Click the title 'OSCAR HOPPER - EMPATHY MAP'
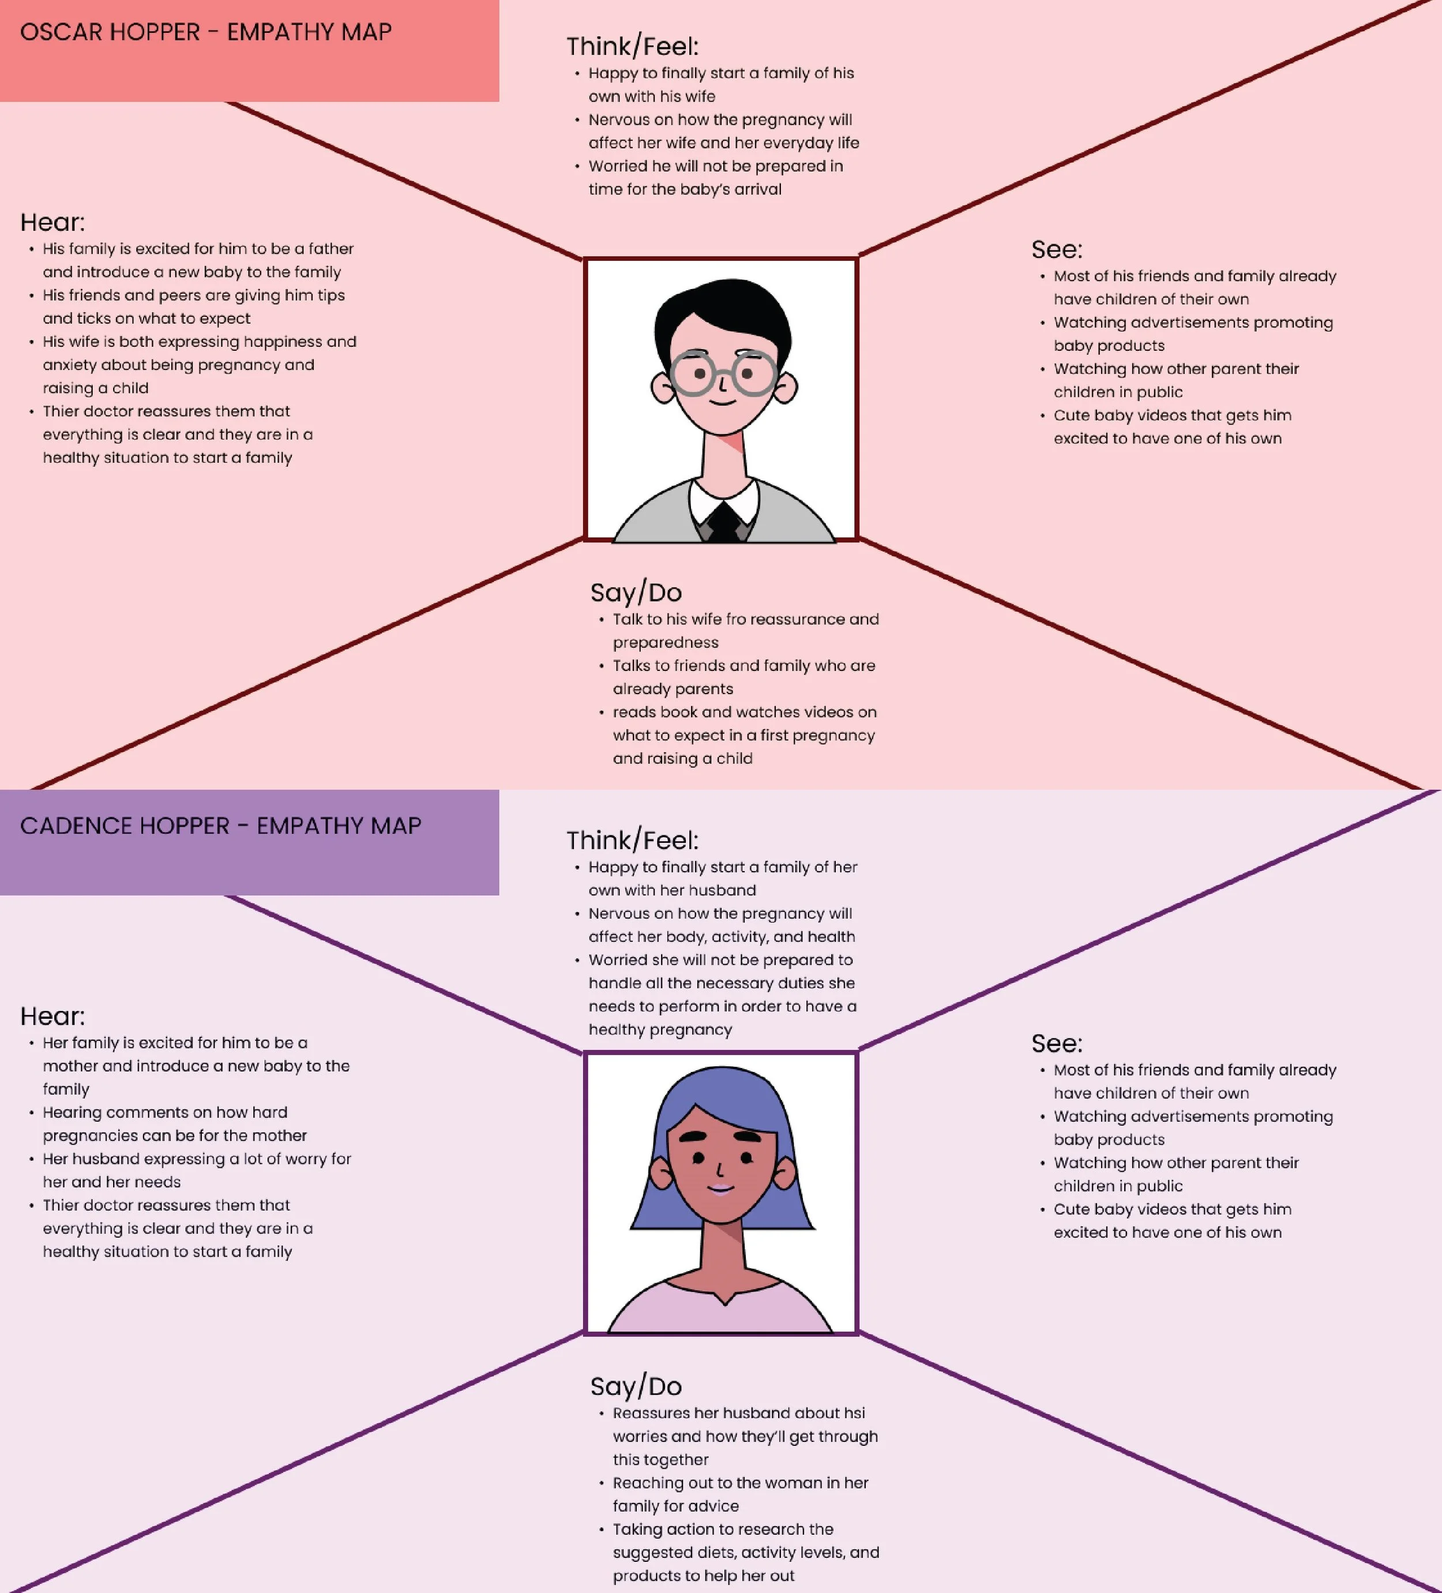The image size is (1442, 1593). (x=205, y=32)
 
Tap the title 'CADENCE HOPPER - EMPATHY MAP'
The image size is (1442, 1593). (x=220, y=826)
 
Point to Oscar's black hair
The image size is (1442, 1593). (x=723, y=304)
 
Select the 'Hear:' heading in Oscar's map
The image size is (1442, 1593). (x=52, y=223)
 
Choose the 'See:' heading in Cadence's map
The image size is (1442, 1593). (x=1057, y=1044)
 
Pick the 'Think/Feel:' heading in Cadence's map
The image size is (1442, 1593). (x=632, y=841)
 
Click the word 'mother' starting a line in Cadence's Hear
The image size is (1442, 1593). (x=70, y=1066)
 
